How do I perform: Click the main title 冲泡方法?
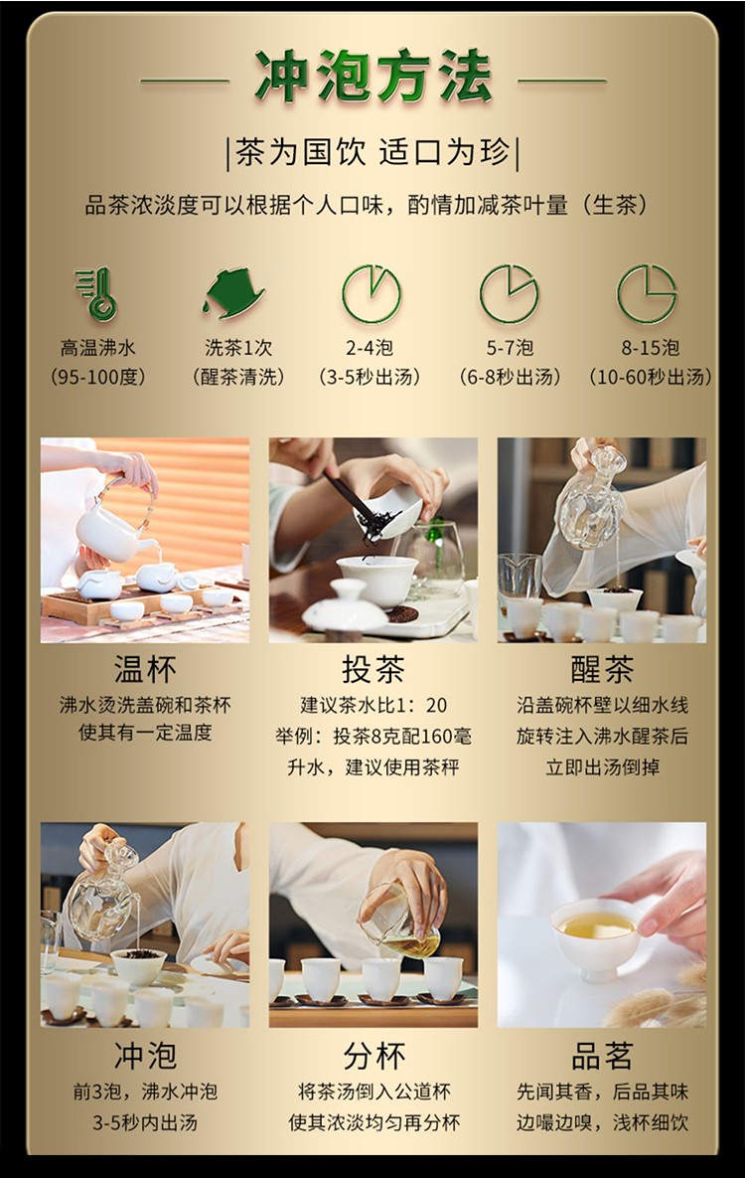click(373, 78)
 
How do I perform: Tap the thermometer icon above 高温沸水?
click(97, 294)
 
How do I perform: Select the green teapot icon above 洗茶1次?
click(233, 293)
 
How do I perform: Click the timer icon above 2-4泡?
click(372, 293)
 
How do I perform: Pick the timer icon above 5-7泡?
click(510, 293)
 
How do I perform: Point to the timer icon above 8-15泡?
click(648, 293)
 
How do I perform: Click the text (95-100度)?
click(97, 377)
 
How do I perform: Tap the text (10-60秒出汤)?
click(651, 377)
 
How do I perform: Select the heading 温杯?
click(145, 669)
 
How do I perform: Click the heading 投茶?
click(373, 669)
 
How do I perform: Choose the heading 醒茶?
click(602, 669)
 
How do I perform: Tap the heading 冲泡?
click(145, 1056)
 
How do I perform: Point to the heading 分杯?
click(373, 1056)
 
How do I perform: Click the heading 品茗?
click(602, 1056)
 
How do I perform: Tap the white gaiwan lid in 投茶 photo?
click(345, 607)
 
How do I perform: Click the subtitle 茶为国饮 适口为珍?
click(373, 152)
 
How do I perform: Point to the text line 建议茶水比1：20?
click(373, 706)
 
